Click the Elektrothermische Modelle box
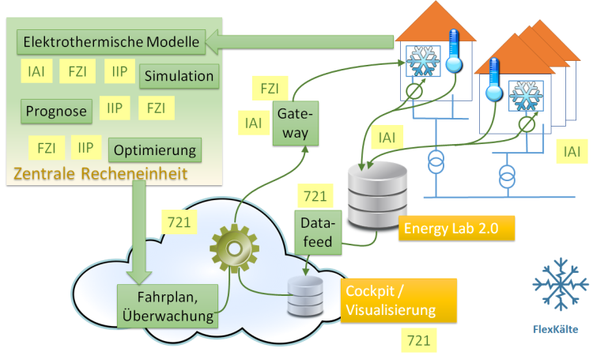pyautogui.click(x=111, y=40)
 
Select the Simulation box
pyautogui.click(x=179, y=77)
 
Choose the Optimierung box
pyautogui.click(x=155, y=150)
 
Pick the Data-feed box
pyautogui.click(x=317, y=230)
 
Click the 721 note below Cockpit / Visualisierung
pyautogui.click(x=418, y=340)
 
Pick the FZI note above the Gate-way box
pyautogui.click(x=270, y=89)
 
